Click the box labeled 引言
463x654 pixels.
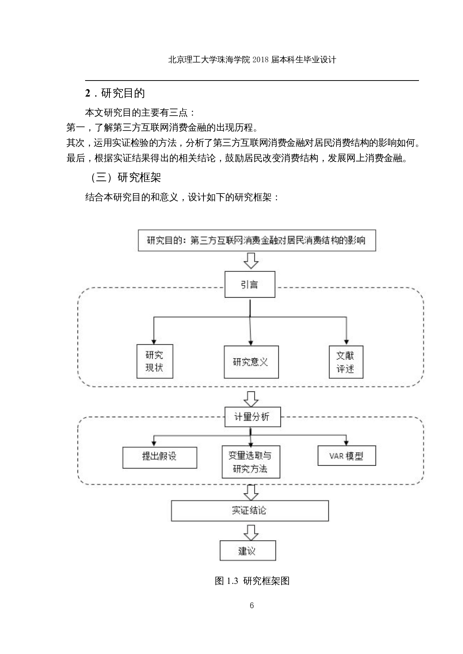[250, 284]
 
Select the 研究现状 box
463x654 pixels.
[155, 361]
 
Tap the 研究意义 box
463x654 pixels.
[251, 362]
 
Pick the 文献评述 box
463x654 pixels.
[346, 362]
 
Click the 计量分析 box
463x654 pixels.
[252, 417]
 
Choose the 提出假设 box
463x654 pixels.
[159, 457]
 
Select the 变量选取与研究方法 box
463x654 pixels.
[251, 462]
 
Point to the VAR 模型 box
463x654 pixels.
[347, 456]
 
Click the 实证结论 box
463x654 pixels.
[249, 510]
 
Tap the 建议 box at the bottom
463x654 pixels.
[248, 551]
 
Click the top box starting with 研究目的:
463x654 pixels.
[257, 240]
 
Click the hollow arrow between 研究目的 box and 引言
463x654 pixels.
[251, 260]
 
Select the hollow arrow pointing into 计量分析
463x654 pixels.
[251, 398]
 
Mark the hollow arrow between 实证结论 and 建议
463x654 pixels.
[251, 532]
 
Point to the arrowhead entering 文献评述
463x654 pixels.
[347, 342]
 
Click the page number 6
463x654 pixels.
[252, 605]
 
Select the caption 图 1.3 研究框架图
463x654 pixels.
[252, 581]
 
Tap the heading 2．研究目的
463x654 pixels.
[115, 93]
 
